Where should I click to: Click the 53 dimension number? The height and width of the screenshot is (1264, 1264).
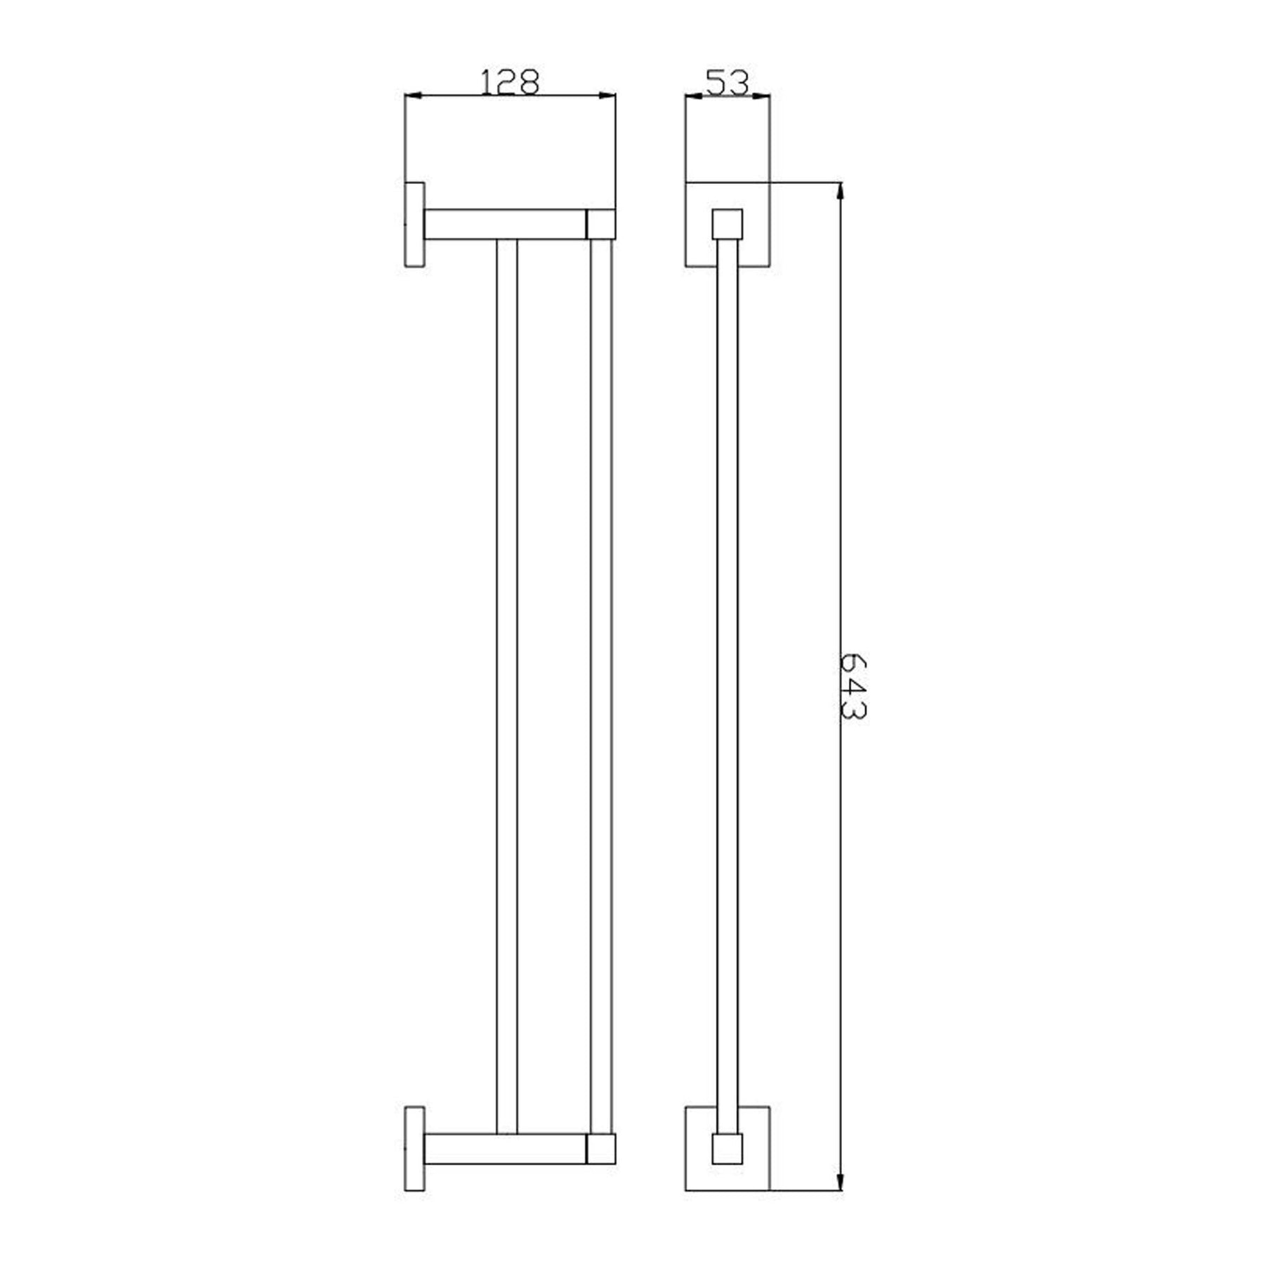click(728, 82)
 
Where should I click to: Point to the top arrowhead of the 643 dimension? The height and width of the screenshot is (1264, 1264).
click(841, 192)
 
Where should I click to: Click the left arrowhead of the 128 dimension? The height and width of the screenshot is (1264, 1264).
click(415, 95)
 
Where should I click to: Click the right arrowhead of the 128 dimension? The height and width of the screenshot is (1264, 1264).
click(606, 95)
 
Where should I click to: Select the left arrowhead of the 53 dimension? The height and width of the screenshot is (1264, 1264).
click(694, 96)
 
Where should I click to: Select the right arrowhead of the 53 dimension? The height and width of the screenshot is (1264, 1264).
click(761, 96)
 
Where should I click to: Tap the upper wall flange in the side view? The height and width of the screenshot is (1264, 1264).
click(415, 225)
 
